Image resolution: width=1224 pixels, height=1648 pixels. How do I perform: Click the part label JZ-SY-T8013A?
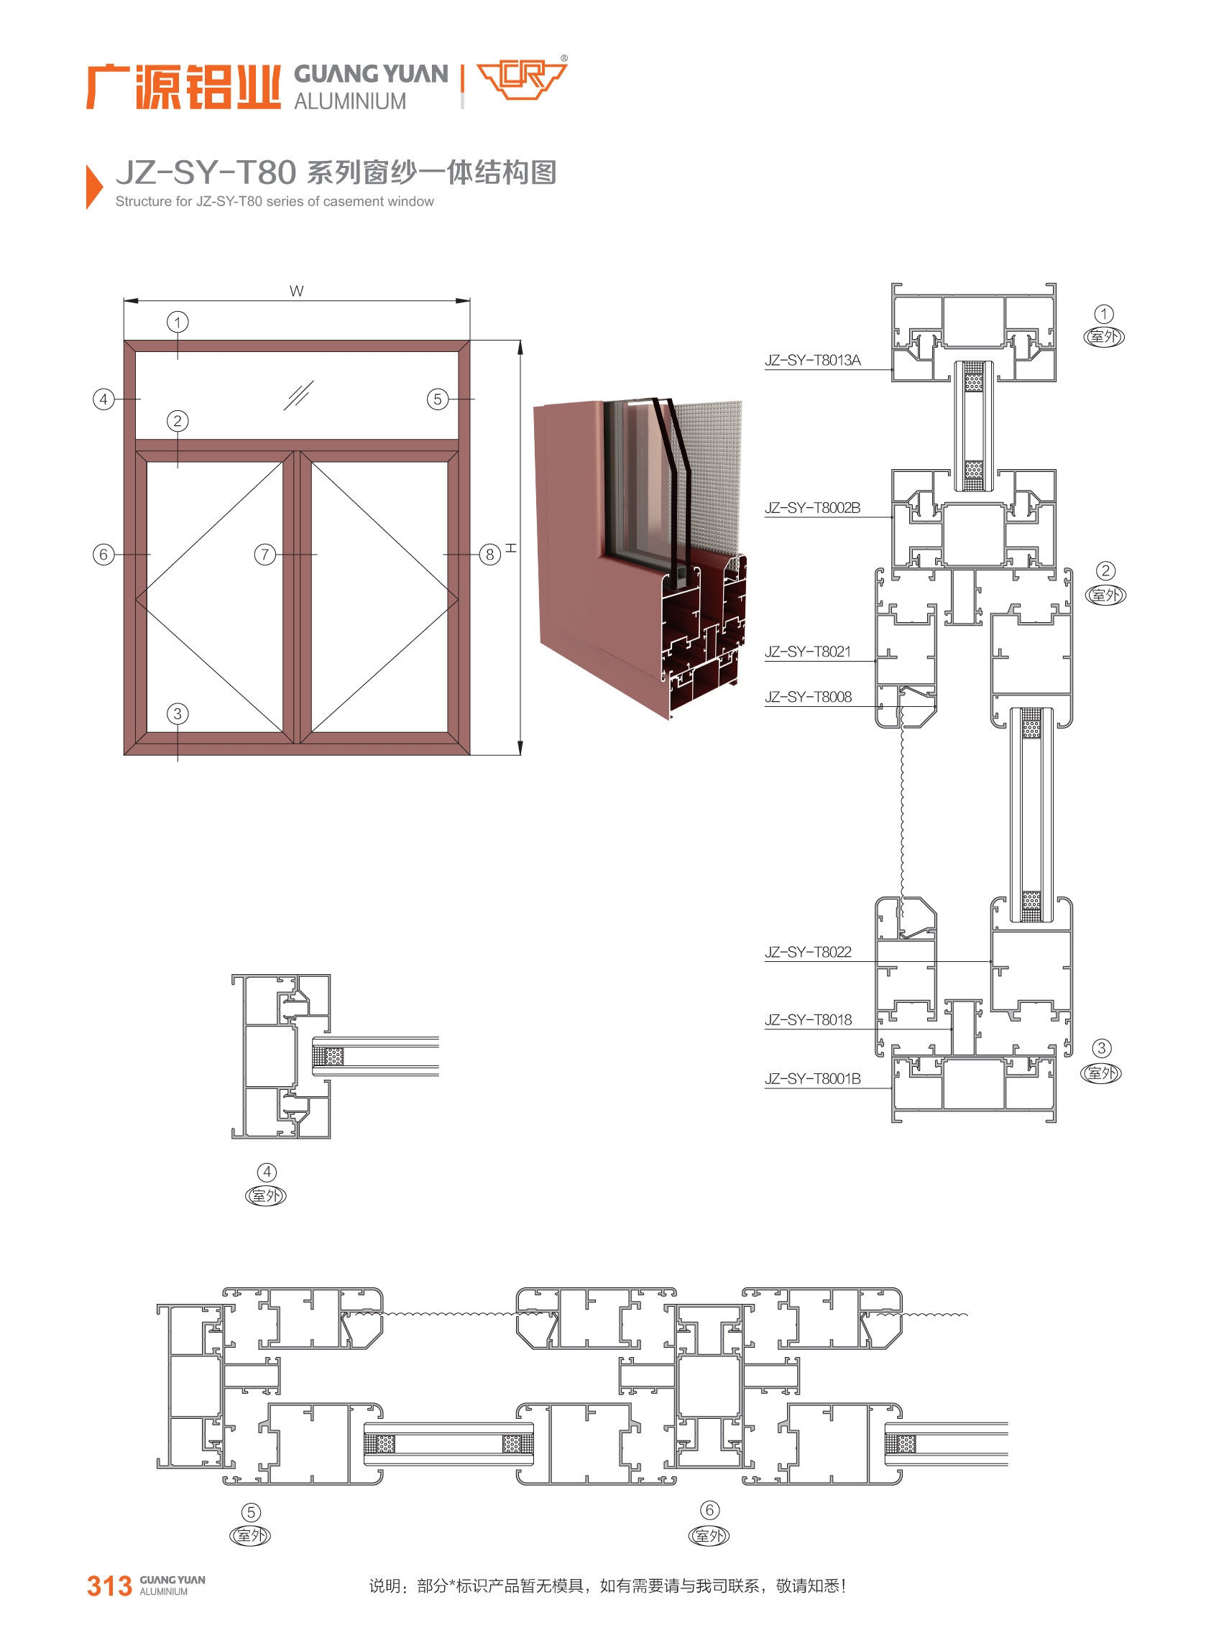coord(812,361)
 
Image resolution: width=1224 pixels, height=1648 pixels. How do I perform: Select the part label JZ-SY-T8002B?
coord(812,508)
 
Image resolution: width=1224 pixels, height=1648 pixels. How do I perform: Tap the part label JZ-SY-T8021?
coord(808,652)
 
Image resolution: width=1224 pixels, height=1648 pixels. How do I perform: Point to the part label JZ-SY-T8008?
coord(808,697)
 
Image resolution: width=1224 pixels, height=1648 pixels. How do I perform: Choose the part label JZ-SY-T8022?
coord(808,952)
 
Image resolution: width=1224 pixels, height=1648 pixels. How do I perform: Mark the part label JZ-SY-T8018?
coord(808,1020)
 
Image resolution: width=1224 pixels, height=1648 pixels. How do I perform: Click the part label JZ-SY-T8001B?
coord(812,1079)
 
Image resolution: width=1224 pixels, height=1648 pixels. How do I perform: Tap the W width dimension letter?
coord(296,291)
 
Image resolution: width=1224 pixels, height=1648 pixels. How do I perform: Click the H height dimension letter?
coord(510,548)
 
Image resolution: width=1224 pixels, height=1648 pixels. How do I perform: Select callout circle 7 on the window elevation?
coord(264,554)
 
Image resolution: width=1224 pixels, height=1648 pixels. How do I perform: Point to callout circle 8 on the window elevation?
coord(489,554)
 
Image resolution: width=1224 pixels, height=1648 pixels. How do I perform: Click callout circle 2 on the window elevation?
coord(177,421)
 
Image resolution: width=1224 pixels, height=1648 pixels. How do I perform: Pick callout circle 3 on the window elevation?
coord(177,713)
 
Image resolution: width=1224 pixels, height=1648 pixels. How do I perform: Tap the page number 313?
coord(109,1586)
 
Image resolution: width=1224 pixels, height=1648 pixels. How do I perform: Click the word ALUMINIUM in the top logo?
coord(350,101)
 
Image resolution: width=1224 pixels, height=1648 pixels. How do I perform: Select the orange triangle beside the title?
coord(93,187)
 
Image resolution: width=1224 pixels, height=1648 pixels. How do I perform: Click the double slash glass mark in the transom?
coord(298,396)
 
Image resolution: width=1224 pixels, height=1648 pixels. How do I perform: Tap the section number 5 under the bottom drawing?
coord(251,1512)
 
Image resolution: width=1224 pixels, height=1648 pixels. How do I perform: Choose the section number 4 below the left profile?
coord(267,1172)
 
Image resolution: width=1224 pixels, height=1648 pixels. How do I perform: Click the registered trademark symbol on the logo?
coord(565,57)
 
